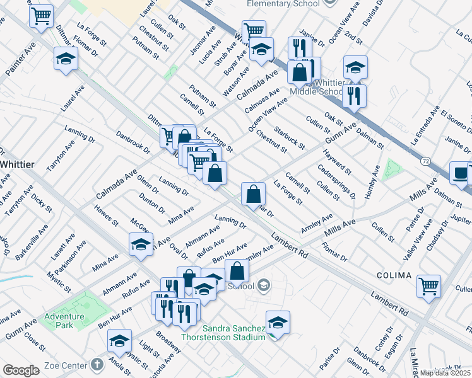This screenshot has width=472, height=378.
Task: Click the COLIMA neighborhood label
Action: pos(394,276)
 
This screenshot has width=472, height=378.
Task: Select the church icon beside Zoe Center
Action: pos(96,364)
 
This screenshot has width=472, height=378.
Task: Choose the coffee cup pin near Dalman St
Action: pos(460,173)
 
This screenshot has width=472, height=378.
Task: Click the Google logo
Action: pos(21,370)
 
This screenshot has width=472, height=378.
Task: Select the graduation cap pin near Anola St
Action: pos(119,340)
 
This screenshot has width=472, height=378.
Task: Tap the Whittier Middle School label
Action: pos(317,88)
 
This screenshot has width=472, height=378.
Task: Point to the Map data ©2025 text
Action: pos(445,373)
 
